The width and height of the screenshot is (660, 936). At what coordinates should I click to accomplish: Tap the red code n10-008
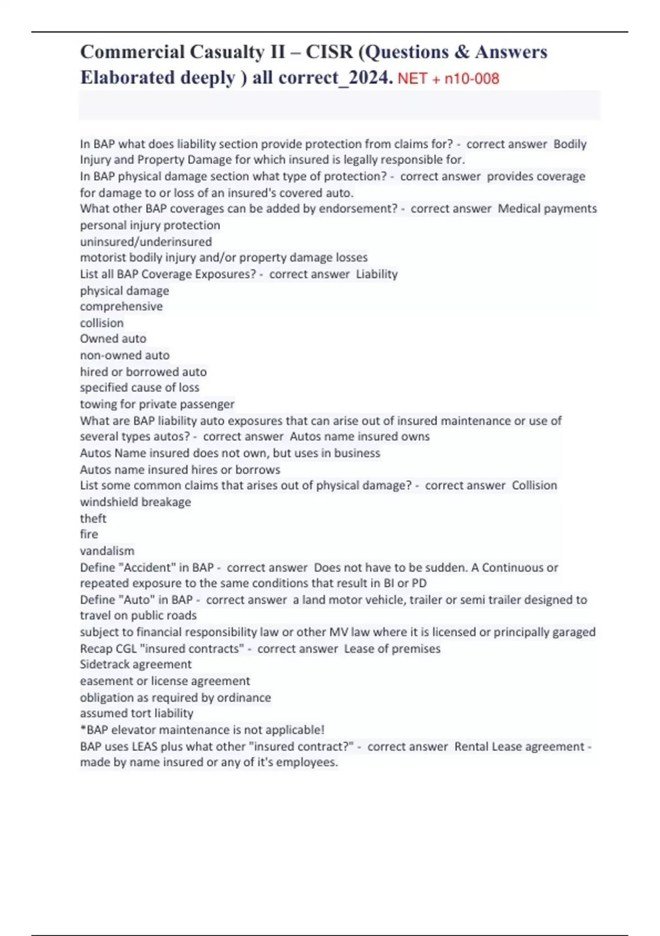point(471,79)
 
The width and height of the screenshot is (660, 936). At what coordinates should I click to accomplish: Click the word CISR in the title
point(329,52)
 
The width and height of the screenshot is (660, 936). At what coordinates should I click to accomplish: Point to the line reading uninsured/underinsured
point(146,242)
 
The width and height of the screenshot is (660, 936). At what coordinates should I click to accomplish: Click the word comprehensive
point(121,307)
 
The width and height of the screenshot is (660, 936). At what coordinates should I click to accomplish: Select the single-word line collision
point(102,323)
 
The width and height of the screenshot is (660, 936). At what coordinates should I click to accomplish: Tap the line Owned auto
point(113,339)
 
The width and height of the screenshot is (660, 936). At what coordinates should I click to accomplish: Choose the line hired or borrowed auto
point(143,372)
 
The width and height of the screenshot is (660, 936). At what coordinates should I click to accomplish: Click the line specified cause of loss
point(140,388)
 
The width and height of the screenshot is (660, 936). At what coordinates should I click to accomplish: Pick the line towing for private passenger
point(157,404)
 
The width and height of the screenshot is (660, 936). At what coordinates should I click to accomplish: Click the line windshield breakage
point(135,502)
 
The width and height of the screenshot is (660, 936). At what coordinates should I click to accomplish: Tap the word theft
point(93,519)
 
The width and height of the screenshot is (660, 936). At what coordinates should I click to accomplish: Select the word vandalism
point(107,551)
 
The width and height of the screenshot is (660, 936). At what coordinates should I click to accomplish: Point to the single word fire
point(89,535)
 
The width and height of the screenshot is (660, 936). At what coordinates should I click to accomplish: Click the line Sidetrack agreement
point(135,665)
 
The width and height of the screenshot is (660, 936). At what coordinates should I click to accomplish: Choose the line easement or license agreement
point(165,681)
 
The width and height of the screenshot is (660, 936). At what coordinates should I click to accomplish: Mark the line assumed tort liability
point(136,714)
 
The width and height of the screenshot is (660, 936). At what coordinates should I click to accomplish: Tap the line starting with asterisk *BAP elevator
point(202,730)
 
